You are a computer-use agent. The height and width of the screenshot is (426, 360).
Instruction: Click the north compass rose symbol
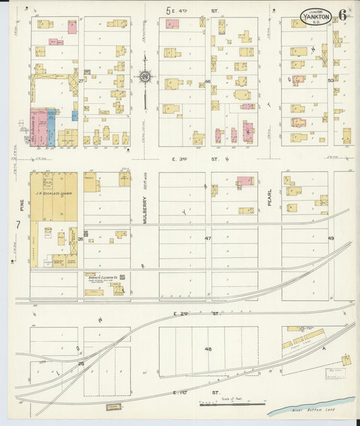[x=145, y=78]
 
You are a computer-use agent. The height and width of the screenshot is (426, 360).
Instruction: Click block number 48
[x=208, y=349]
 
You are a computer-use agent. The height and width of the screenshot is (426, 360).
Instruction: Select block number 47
[x=208, y=239]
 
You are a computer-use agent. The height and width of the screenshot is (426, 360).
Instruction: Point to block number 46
[x=208, y=82]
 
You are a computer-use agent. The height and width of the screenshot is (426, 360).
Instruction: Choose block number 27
[x=80, y=81]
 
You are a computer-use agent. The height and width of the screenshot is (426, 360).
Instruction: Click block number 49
[x=331, y=239]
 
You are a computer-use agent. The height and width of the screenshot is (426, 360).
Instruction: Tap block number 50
[x=331, y=81]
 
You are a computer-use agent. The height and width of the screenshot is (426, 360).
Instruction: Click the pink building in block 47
[x=245, y=181]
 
